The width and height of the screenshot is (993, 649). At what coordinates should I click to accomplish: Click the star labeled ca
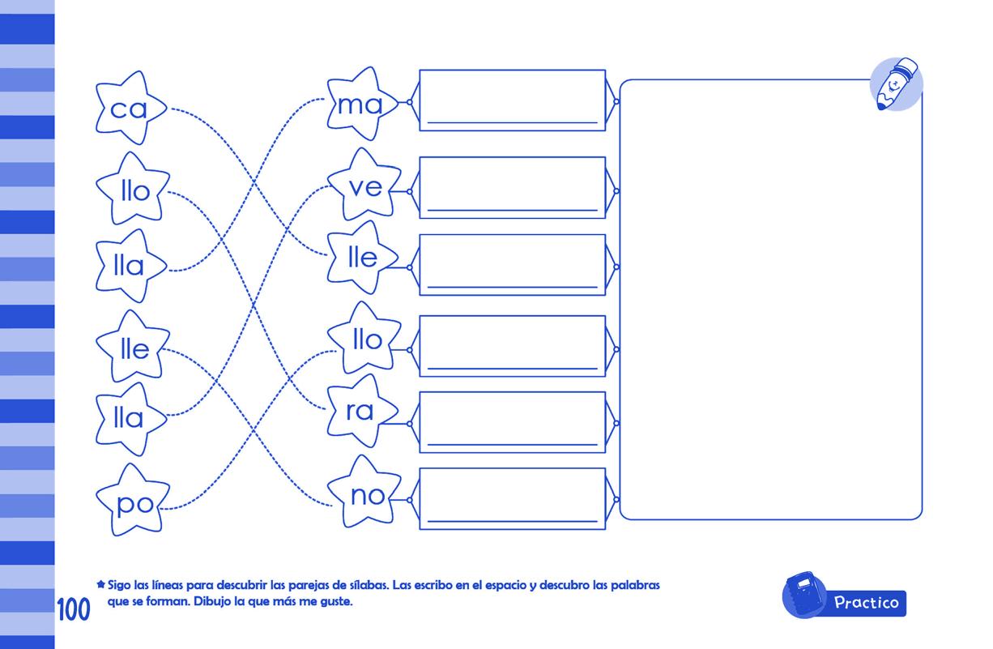[x=130, y=108]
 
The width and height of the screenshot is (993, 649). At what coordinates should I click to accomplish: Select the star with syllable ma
[x=360, y=105]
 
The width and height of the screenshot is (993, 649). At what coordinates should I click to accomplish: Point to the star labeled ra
[x=360, y=411]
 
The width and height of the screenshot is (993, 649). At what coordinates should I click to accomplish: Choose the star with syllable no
[x=365, y=494]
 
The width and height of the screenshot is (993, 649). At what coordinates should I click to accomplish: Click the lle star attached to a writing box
[x=363, y=258]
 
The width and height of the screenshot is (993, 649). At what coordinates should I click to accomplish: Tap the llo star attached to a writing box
[x=365, y=340]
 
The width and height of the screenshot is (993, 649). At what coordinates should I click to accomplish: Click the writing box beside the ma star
[x=512, y=100]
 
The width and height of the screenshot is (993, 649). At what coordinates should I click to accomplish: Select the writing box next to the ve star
[x=512, y=188]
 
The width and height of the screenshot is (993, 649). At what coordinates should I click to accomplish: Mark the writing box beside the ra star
[x=512, y=422]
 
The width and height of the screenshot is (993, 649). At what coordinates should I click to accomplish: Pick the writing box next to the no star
[x=512, y=499]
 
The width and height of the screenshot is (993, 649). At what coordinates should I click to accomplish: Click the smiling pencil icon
[x=896, y=83]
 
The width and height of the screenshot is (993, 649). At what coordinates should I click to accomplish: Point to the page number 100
[x=73, y=610]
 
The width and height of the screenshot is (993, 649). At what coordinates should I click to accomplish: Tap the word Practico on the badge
[x=866, y=603]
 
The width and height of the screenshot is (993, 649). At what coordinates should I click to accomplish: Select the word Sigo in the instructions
[x=120, y=584]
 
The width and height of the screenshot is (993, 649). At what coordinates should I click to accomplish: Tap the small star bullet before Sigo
[x=100, y=583]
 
